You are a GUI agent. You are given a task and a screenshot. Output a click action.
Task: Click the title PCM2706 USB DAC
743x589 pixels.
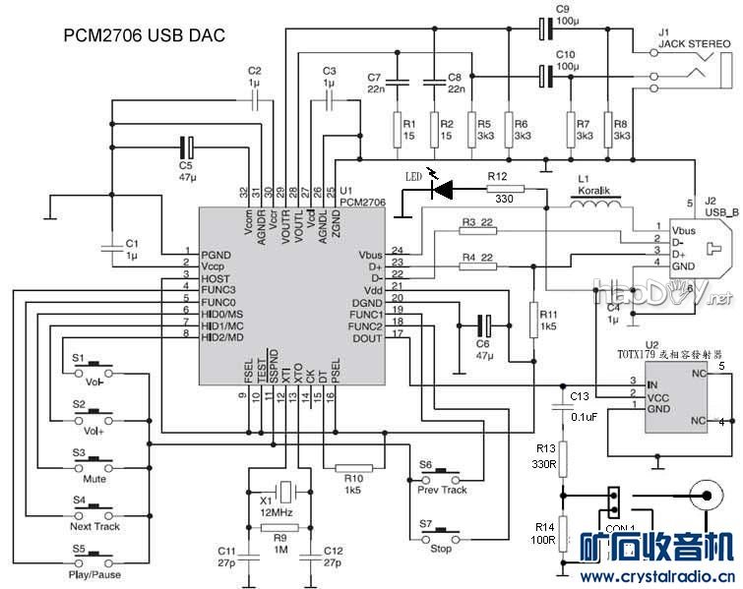(145, 35)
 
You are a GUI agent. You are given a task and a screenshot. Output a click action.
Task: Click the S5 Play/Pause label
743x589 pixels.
(95, 574)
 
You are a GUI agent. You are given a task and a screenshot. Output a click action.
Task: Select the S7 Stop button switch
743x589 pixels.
(440, 536)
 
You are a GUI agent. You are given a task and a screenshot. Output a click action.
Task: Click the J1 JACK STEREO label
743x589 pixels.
(694, 43)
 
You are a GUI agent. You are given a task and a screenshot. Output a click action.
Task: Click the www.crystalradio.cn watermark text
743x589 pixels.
(655, 577)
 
